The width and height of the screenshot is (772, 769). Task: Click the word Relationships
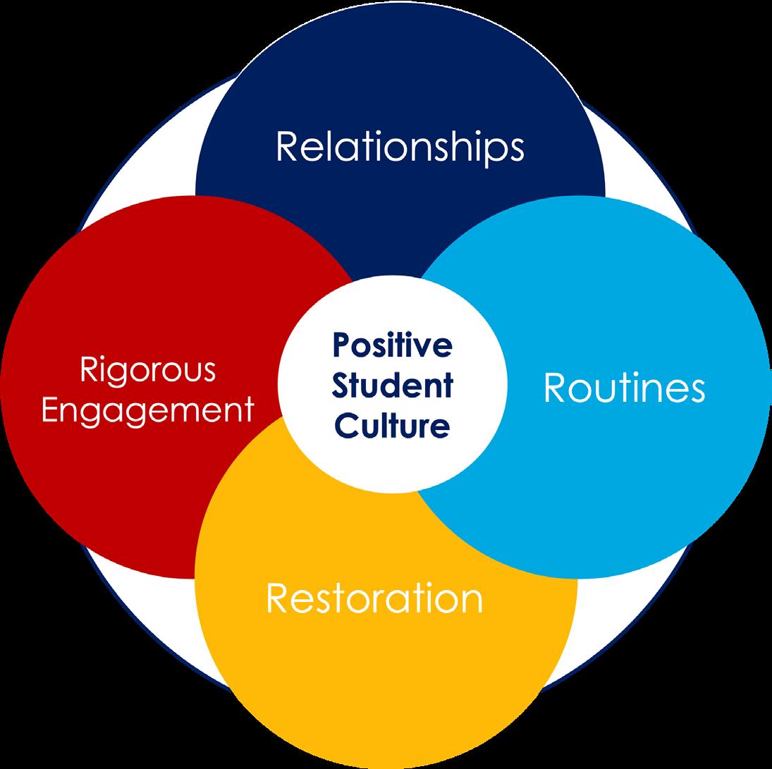click(400, 148)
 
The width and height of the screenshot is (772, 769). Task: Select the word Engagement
click(147, 410)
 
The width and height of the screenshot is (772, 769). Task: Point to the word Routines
click(624, 388)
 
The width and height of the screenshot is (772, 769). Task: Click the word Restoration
click(374, 598)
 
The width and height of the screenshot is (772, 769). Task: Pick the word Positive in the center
click(392, 346)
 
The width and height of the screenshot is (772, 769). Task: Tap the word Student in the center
click(392, 386)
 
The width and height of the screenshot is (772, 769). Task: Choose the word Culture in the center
click(392, 425)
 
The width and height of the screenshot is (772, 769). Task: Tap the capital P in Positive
click(342, 346)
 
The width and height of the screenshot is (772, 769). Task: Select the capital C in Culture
click(344, 425)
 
